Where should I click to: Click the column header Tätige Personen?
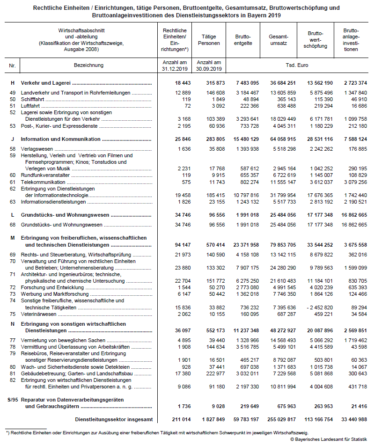(x=208, y=40)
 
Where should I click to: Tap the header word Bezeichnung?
(x=88, y=65)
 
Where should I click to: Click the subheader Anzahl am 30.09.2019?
(x=209, y=65)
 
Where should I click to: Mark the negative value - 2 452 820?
(x=319, y=307)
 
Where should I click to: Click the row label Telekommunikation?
(x=43, y=182)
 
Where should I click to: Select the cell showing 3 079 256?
(x=355, y=182)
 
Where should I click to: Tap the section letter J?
(x=12, y=139)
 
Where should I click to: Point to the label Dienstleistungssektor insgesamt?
(x=113, y=420)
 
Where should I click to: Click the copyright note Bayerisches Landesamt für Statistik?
(x=329, y=439)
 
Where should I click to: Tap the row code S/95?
(x=13, y=399)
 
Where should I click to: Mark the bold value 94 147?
(x=176, y=245)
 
